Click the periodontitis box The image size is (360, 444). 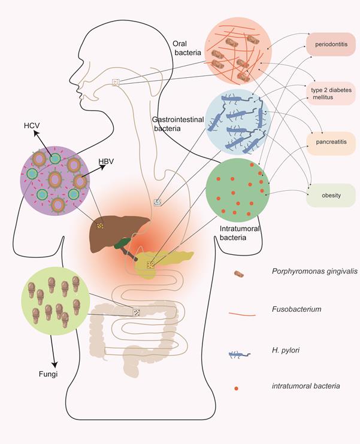[x=331, y=44]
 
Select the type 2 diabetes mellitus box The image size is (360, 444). [x=331, y=93]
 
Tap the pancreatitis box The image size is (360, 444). [x=331, y=142]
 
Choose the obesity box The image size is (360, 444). [x=331, y=195]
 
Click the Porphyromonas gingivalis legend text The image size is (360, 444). [x=306, y=271]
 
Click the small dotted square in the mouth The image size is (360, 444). [x=116, y=83]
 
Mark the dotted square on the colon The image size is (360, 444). [x=137, y=312]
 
